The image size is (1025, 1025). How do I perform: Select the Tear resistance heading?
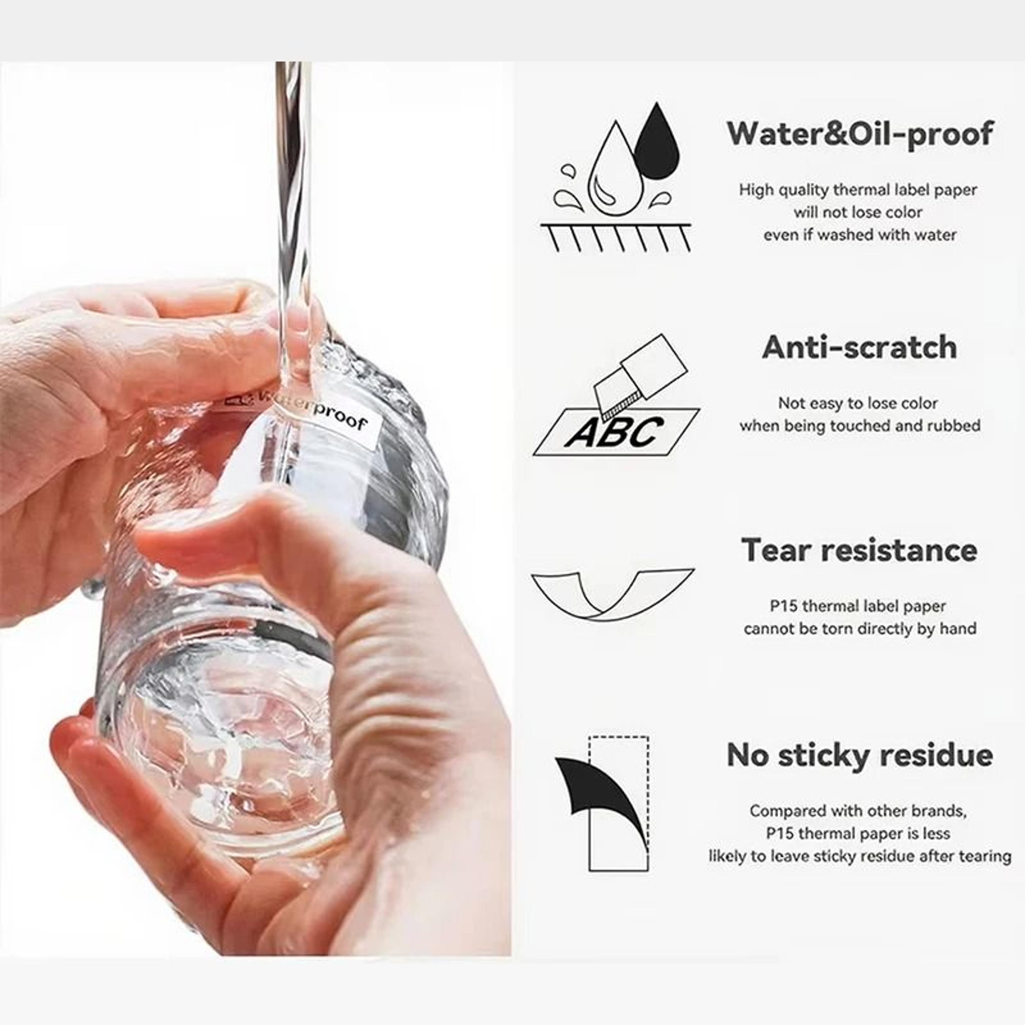pos(860,550)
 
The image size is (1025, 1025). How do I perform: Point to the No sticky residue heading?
pos(860,754)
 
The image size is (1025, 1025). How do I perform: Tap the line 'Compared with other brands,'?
pos(858,811)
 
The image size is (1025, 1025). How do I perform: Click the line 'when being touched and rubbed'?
pos(860,425)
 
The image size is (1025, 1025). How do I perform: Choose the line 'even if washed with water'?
pos(860,235)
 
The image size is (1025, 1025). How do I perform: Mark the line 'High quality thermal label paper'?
pos(858,190)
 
